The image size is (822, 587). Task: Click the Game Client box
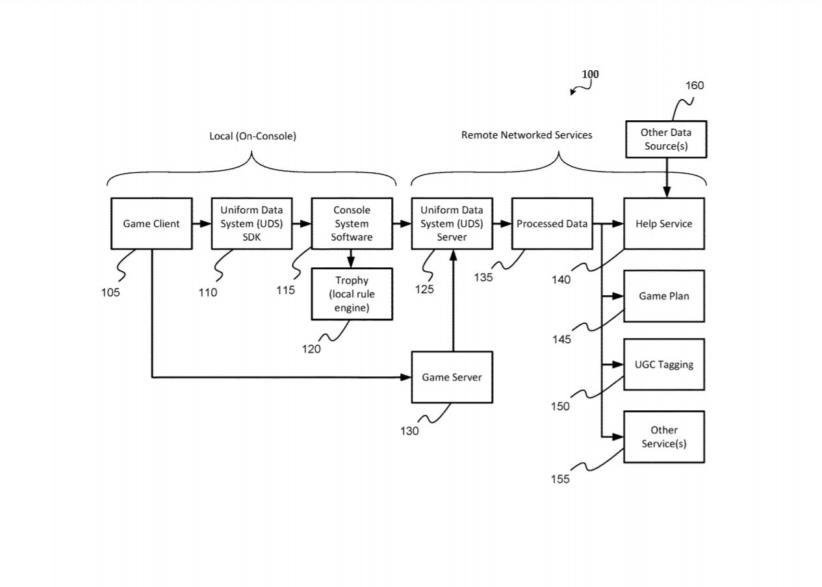click(151, 224)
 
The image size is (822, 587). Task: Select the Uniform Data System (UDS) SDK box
click(251, 224)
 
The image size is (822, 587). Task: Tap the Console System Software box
click(352, 224)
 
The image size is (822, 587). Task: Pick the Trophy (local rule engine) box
click(352, 294)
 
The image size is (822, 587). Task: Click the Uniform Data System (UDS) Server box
click(452, 224)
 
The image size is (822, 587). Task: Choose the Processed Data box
click(552, 224)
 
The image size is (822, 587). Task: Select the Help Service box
click(664, 224)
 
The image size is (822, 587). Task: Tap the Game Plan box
click(664, 296)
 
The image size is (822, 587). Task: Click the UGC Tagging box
click(664, 365)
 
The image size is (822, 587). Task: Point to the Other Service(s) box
click(664, 437)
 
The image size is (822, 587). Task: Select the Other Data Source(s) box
click(667, 140)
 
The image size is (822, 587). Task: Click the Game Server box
click(452, 378)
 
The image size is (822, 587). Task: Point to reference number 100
click(591, 74)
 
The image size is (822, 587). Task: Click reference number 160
click(695, 86)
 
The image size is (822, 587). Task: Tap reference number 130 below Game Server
click(409, 431)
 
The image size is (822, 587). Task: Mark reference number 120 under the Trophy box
click(311, 349)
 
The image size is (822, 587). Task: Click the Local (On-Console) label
click(253, 137)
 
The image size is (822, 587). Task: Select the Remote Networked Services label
click(527, 135)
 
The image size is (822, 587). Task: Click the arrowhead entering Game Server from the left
click(405, 378)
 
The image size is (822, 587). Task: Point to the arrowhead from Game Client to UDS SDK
click(205, 224)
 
